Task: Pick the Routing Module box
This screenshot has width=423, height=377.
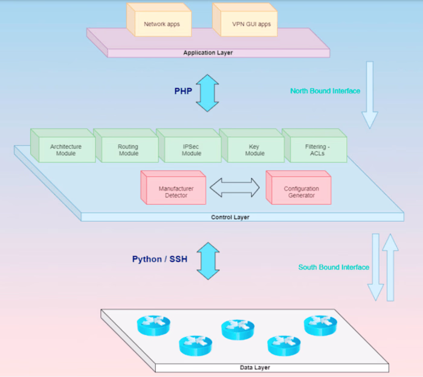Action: coord(128,149)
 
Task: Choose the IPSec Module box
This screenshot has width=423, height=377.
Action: coord(191,149)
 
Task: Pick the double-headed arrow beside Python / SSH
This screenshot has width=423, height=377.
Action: coord(208,260)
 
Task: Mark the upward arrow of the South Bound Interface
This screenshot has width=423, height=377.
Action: coord(391,266)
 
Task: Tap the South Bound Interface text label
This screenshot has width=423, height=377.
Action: coord(334,267)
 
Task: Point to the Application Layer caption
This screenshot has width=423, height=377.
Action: coord(208,53)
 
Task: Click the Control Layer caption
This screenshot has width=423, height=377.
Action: coord(230,217)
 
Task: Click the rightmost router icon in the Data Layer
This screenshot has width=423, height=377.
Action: coord(320,325)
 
